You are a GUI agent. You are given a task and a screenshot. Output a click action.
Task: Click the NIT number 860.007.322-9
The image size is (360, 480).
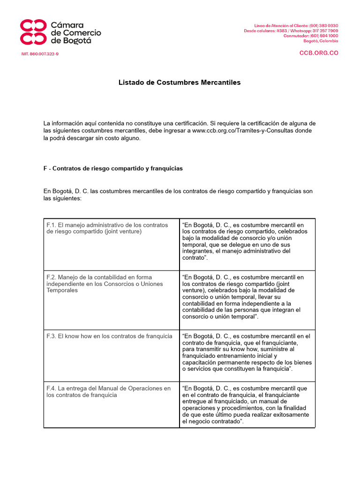(40, 54)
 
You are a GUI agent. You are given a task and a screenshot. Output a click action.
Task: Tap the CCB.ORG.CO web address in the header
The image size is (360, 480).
(319, 53)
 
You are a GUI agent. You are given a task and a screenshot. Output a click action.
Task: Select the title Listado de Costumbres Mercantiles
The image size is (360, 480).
(180, 82)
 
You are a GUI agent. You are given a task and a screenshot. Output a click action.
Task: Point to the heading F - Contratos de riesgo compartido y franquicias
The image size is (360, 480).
(113, 168)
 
